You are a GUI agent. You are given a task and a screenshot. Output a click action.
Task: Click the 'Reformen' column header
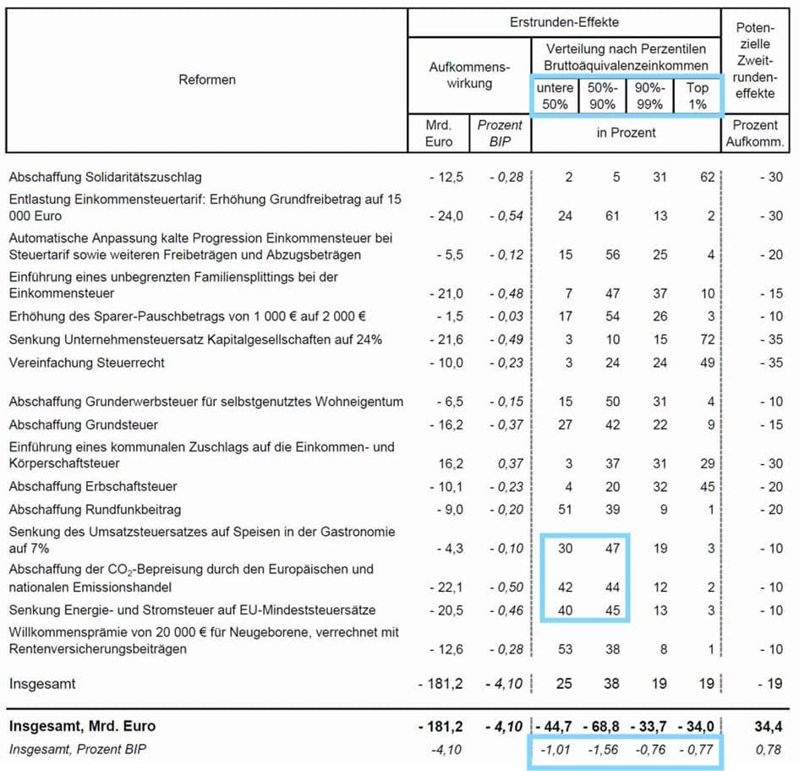coord(207,79)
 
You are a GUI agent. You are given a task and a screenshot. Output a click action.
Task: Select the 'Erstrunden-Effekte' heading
coord(564,23)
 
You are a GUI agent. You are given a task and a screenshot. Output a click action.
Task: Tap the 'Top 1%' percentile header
coord(697,96)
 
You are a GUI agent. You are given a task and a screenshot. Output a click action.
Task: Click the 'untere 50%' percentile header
coord(555,96)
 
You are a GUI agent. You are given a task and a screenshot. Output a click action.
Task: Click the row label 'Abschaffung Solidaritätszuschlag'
coord(106,177)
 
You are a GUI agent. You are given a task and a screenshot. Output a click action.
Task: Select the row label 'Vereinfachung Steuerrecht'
coord(86,363)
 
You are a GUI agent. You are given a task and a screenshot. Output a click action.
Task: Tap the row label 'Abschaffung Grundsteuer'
coord(83,424)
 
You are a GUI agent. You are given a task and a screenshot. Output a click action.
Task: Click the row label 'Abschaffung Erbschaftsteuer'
coord(92,486)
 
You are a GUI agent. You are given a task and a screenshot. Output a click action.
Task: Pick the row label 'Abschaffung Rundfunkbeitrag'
coord(95,509)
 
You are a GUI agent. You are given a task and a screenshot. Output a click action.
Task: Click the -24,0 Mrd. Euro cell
coord(445,216)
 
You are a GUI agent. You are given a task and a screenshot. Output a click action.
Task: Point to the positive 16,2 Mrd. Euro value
coord(449,463)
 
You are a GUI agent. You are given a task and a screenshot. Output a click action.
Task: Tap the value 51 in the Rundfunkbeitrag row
coord(565,509)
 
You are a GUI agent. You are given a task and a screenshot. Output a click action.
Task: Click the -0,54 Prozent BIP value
coord(506,216)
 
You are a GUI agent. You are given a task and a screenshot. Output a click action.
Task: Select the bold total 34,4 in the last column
coord(767,725)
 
